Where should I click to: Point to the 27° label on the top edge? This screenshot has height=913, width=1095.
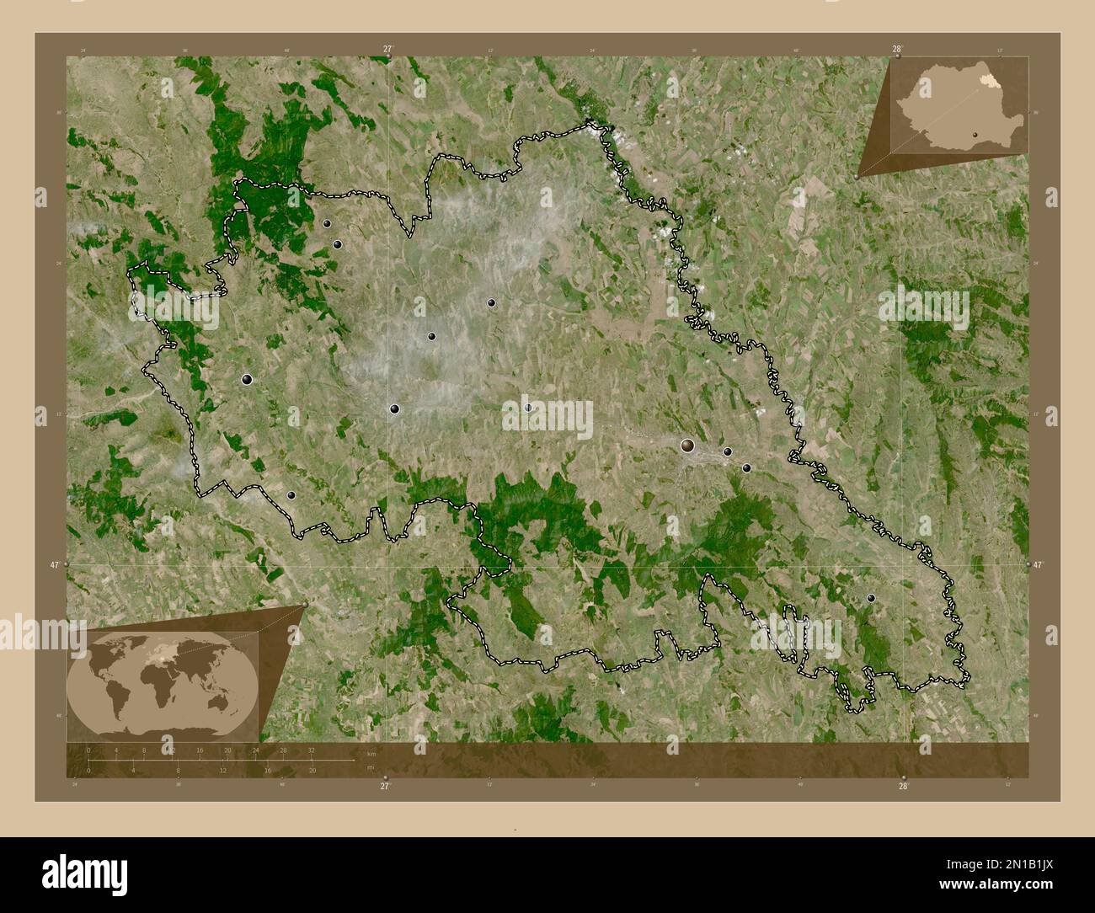click(x=387, y=50)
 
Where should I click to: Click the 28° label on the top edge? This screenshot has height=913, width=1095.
click(x=898, y=50)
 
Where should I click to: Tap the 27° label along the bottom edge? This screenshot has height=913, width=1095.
click(x=385, y=787)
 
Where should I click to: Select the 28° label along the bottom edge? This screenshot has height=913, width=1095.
click(x=903, y=787)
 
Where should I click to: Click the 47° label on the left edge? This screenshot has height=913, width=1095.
click(x=55, y=565)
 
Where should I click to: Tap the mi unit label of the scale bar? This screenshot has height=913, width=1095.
click(x=370, y=766)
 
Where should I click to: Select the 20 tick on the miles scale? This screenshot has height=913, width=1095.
click(x=312, y=771)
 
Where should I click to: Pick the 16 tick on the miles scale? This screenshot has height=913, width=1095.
click(x=268, y=771)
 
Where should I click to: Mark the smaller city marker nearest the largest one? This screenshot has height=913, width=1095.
click(x=728, y=451)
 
